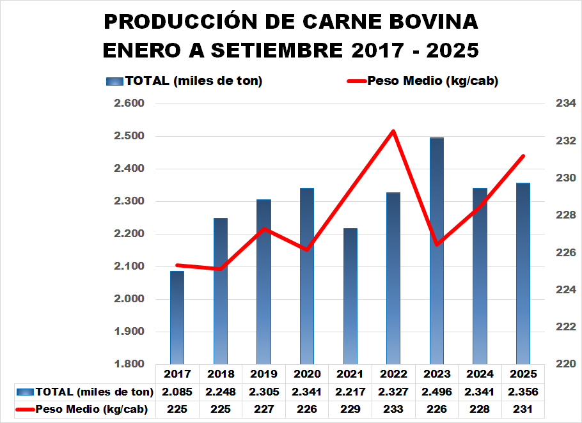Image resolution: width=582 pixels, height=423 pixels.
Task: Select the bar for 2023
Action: coord(437,256)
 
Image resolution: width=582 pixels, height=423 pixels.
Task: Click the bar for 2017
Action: coord(177,319)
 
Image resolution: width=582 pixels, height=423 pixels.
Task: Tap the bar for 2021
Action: coord(350,297)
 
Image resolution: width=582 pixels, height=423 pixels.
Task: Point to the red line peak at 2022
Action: coord(393,131)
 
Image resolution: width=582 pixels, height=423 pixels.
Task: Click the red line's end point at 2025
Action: coord(523,156)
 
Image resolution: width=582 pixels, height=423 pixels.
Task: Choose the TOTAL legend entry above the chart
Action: coord(185,81)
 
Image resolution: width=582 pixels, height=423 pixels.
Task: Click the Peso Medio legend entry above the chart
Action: coord(422,81)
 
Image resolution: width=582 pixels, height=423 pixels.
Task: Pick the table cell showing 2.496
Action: coord(437,391)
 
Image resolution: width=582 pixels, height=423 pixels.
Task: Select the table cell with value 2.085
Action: coord(177,391)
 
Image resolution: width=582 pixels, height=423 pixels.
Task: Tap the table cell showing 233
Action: coord(393,410)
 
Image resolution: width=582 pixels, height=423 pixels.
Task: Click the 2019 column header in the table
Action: coord(263,374)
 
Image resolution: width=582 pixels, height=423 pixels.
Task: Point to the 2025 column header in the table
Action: coord(523,374)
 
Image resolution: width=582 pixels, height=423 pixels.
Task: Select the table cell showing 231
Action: coord(523,410)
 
